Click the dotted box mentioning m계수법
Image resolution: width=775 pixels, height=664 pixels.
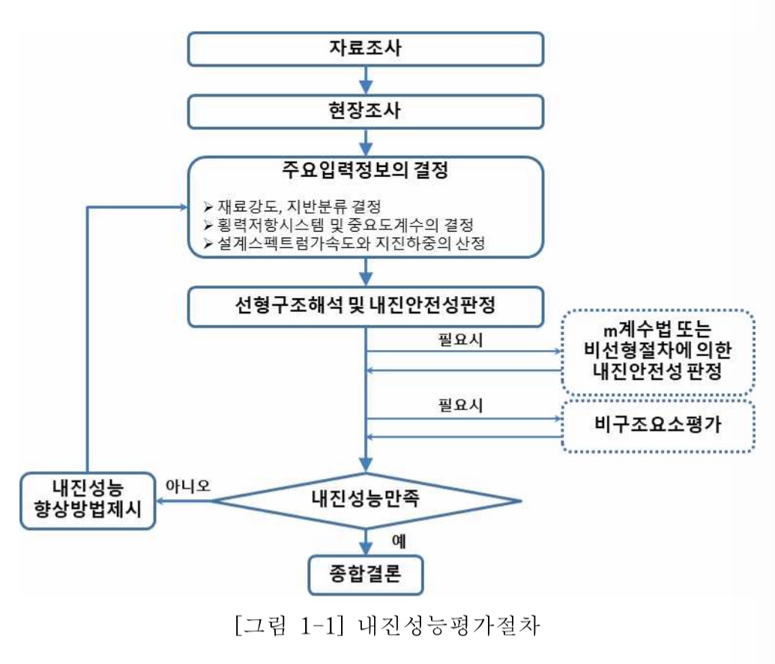(657, 353)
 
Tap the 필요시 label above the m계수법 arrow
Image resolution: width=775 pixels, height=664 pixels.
(459, 339)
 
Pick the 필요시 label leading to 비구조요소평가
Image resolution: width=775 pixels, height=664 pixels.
(459, 407)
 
